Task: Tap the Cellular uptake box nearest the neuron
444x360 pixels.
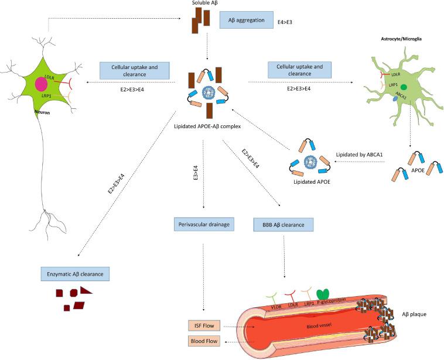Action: tap(139, 70)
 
